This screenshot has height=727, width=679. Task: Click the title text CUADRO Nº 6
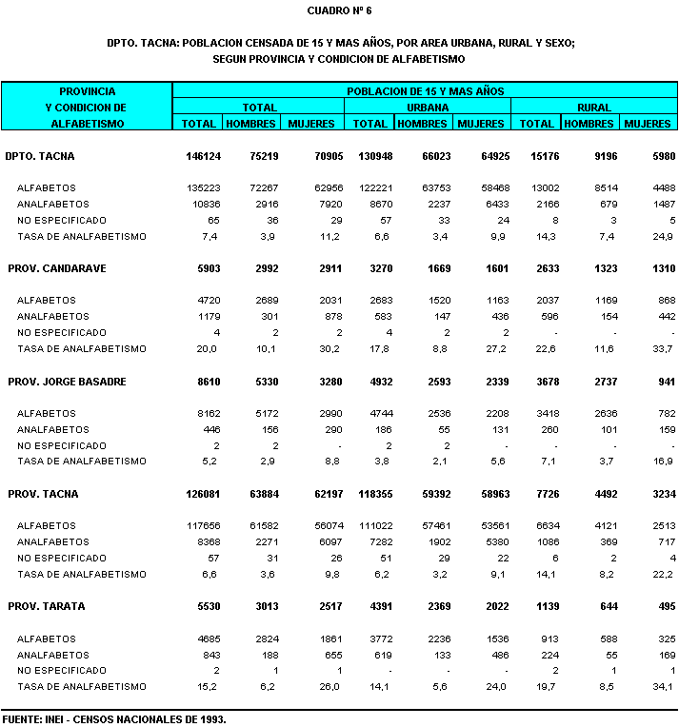[x=340, y=10]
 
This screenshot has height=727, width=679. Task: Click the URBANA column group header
[x=428, y=108]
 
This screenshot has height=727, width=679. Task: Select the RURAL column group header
[x=594, y=108]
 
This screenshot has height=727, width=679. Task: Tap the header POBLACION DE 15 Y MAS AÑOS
[x=425, y=91]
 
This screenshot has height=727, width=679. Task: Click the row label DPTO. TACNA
[x=39, y=156]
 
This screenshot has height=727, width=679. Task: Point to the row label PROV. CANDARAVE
[x=57, y=268]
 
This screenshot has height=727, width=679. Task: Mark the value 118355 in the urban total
[x=369, y=494]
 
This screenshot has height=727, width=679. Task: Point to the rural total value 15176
[x=538, y=156]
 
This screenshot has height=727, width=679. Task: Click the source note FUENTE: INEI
[x=113, y=719]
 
